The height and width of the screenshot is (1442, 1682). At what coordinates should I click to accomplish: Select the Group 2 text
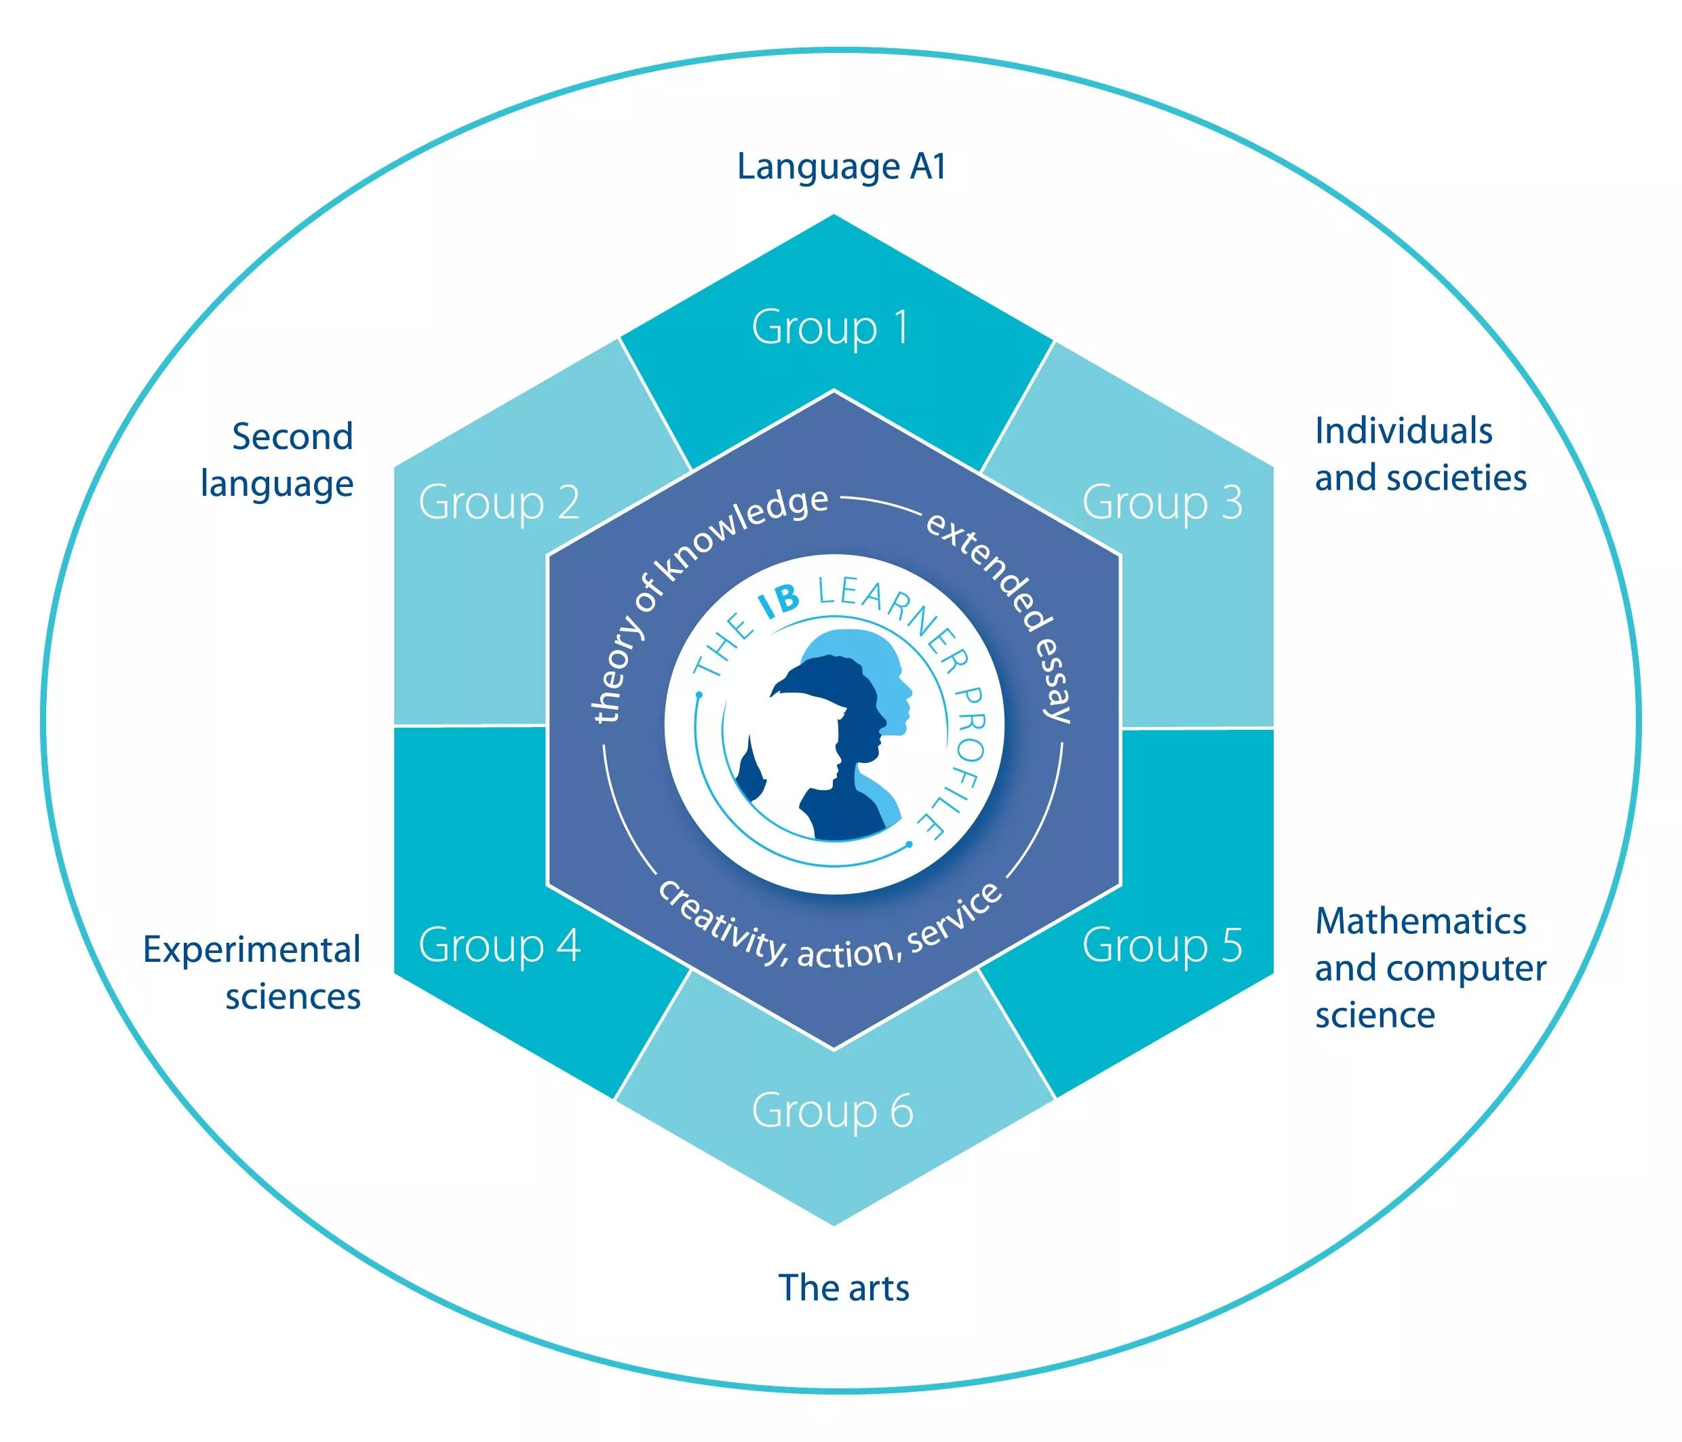coord(499,503)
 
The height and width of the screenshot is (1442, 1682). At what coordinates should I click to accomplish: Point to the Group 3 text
coord(1162,503)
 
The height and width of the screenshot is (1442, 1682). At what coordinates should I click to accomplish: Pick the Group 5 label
coord(1162,945)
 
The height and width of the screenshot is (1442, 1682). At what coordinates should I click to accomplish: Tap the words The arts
coord(844,1288)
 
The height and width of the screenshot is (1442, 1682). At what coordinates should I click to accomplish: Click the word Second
coord(292,437)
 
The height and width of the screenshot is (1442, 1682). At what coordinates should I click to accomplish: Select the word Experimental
coord(252,951)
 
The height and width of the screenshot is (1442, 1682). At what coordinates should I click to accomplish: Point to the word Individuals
coord(1403,431)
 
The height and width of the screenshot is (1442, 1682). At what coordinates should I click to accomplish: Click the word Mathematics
coord(1421,922)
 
